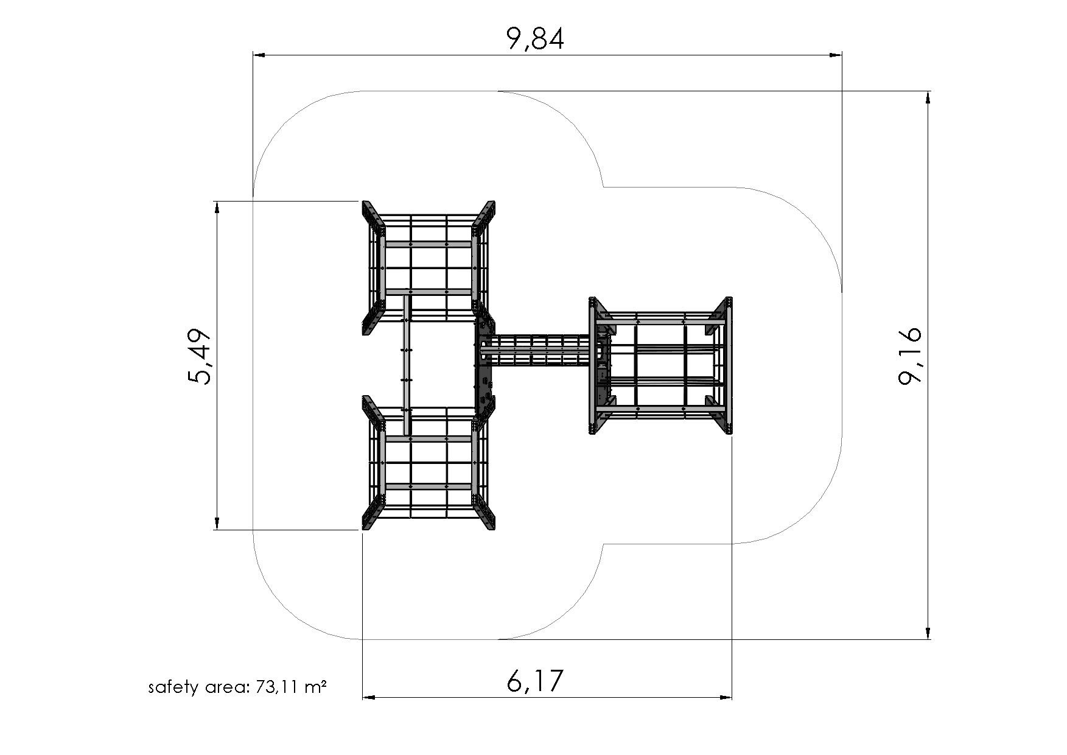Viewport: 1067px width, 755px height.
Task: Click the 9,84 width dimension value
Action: (x=535, y=39)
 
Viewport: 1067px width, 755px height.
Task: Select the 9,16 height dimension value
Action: (x=910, y=356)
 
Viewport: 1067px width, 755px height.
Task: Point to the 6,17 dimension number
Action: (x=535, y=681)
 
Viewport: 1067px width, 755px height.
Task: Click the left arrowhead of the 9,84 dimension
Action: (x=260, y=55)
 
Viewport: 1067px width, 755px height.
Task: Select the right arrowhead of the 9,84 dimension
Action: (x=835, y=55)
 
